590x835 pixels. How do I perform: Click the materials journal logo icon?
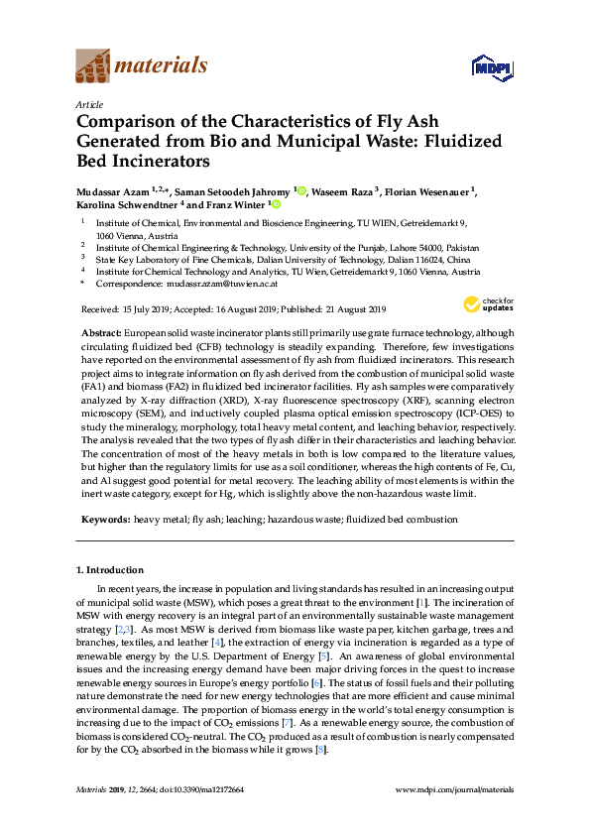[x=92, y=67]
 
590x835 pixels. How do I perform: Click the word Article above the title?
[x=87, y=104]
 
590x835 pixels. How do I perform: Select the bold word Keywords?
[x=103, y=519]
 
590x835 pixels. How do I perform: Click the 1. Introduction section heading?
[x=110, y=570]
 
